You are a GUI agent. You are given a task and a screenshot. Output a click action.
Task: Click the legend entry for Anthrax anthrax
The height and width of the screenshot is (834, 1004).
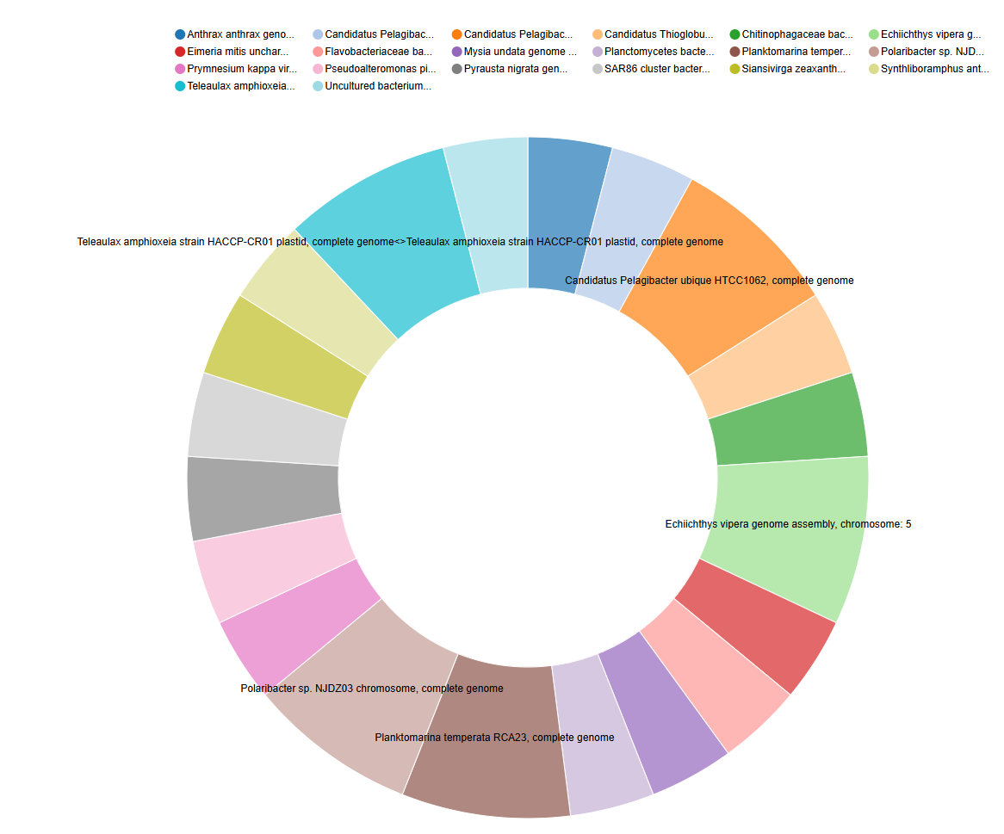tap(234, 34)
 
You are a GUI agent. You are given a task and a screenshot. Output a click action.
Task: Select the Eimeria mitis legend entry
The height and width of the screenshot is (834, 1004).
tap(232, 52)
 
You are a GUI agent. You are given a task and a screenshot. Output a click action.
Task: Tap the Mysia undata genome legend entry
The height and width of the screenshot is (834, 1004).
tap(514, 52)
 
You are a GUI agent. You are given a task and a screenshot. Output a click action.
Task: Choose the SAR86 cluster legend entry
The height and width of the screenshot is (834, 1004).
tap(652, 69)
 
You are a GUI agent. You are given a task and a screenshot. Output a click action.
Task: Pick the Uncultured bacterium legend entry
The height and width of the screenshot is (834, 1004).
tap(372, 86)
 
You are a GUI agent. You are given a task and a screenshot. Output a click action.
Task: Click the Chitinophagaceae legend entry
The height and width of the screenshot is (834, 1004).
tap(791, 34)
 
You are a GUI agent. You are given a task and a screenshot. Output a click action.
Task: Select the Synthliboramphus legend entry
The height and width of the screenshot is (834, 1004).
tap(929, 69)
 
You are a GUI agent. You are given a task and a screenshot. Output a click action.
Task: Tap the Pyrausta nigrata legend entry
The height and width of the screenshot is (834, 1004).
tap(510, 69)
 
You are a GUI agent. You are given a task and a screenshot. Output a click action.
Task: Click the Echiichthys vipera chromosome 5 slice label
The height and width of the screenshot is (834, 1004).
tap(788, 524)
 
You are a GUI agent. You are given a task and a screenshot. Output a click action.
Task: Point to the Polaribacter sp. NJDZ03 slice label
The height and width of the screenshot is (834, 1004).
tap(372, 689)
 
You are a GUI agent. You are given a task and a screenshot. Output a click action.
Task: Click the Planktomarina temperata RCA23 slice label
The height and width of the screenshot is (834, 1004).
tap(494, 738)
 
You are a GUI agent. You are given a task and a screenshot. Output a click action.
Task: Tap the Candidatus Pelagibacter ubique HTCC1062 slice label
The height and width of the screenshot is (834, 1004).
tap(710, 281)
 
